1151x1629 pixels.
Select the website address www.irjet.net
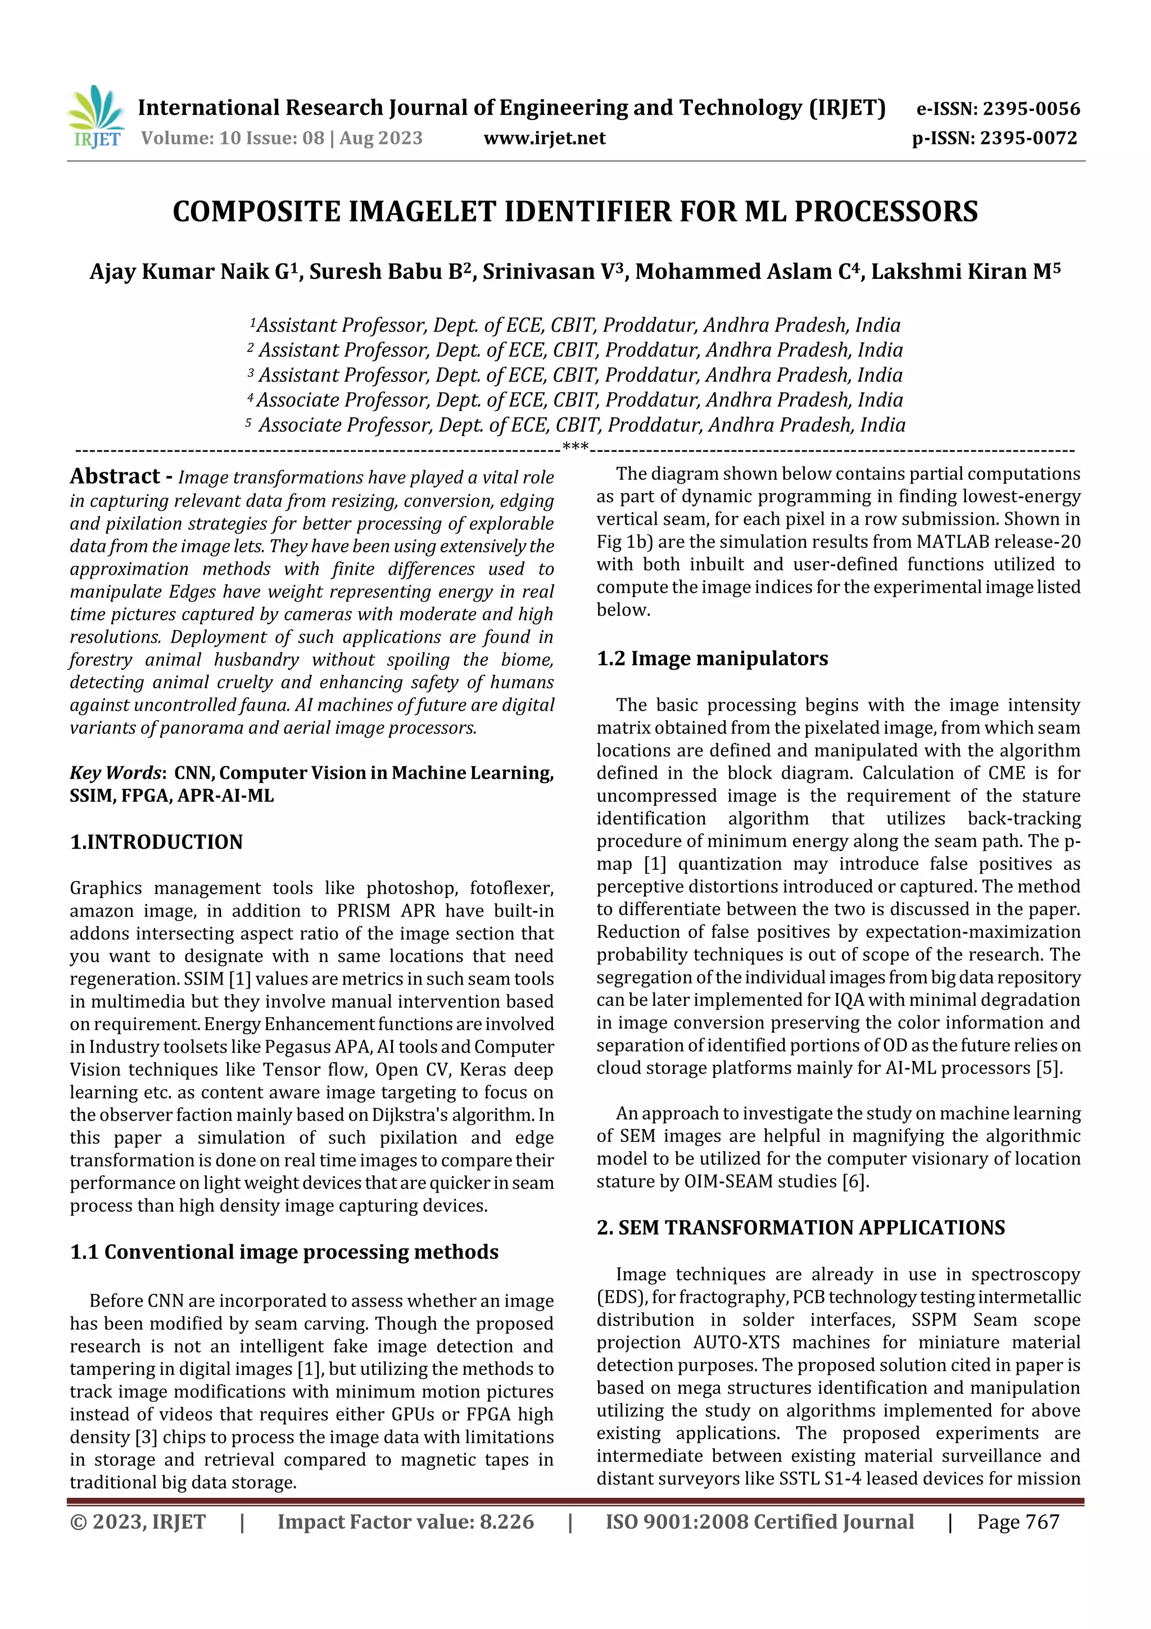pyautogui.click(x=545, y=138)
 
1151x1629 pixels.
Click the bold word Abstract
pyautogui.click(x=115, y=476)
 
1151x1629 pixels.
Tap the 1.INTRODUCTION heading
pyautogui.click(x=156, y=842)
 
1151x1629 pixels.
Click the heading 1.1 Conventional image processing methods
pyautogui.click(x=284, y=1252)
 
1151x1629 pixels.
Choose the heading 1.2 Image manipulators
pyautogui.click(x=712, y=658)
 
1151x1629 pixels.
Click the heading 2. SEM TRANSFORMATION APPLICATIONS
pyautogui.click(x=801, y=1228)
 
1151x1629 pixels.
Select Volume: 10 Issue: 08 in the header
pyautogui.click(x=233, y=138)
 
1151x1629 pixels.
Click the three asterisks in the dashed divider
pyautogui.click(x=575, y=447)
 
